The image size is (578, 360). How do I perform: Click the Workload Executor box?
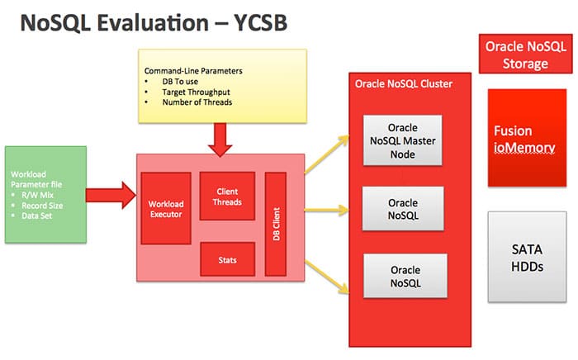(x=166, y=208)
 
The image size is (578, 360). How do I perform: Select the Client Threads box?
(x=227, y=196)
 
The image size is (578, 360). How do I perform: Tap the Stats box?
(x=227, y=259)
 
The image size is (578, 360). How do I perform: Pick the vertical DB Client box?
(x=276, y=224)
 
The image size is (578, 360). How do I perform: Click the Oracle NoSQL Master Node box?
(x=403, y=140)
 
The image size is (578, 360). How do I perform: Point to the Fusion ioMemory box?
(x=527, y=138)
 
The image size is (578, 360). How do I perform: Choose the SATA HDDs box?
(x=527, y=257)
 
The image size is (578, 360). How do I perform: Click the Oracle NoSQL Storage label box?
(x=526, y=54)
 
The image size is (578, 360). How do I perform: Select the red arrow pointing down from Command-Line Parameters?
(x=220, y=140)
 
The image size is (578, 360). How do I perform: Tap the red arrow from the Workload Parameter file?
(x=111, y=195)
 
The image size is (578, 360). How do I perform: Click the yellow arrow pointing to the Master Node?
(x=327, y=154)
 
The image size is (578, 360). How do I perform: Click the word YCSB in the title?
(x=261, y=22)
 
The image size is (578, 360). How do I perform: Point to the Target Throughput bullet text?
(x=197, y=92)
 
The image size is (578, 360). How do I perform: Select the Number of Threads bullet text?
(x=197, y=102)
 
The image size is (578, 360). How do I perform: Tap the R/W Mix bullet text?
(x=38, y=195)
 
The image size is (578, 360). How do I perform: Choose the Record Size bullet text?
(x=42, y=206)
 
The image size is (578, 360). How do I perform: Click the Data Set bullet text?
(x=37, y=216)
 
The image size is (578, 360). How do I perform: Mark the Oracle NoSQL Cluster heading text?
(x=404, y=83)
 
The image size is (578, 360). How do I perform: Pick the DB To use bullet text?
(x=180, y=82)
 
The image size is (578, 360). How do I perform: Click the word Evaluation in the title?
(x=153, y=22)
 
